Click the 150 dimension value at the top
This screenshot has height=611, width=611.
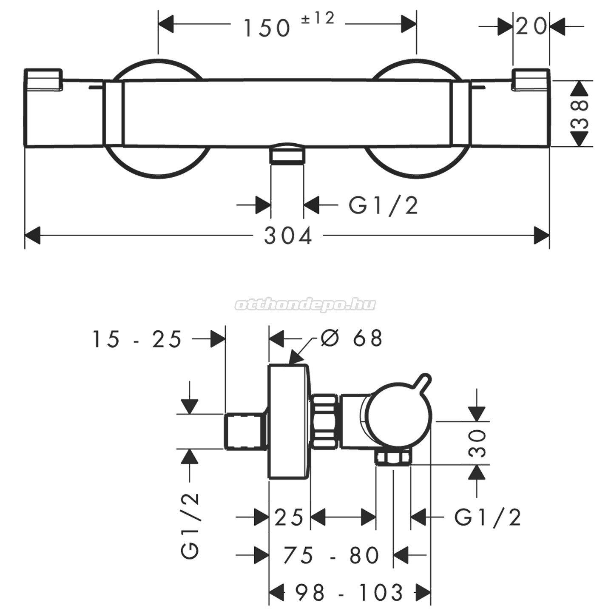(266, 28)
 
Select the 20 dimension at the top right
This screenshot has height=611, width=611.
(531, 26)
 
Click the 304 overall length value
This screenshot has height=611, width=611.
(288, 236)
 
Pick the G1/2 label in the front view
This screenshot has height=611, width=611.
(384, 206)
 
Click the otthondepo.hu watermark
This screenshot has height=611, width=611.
(305, 305)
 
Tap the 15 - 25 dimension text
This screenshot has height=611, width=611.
(136, 339)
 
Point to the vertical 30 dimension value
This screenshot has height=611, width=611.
(477, 443)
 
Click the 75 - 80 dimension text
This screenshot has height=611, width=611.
(331, 555)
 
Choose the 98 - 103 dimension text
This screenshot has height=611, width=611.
(349, 592)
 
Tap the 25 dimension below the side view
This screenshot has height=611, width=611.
(289, 517)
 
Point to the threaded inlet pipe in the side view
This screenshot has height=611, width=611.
(245, 431)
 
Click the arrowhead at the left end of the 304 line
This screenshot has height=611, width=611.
(32, 235)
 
